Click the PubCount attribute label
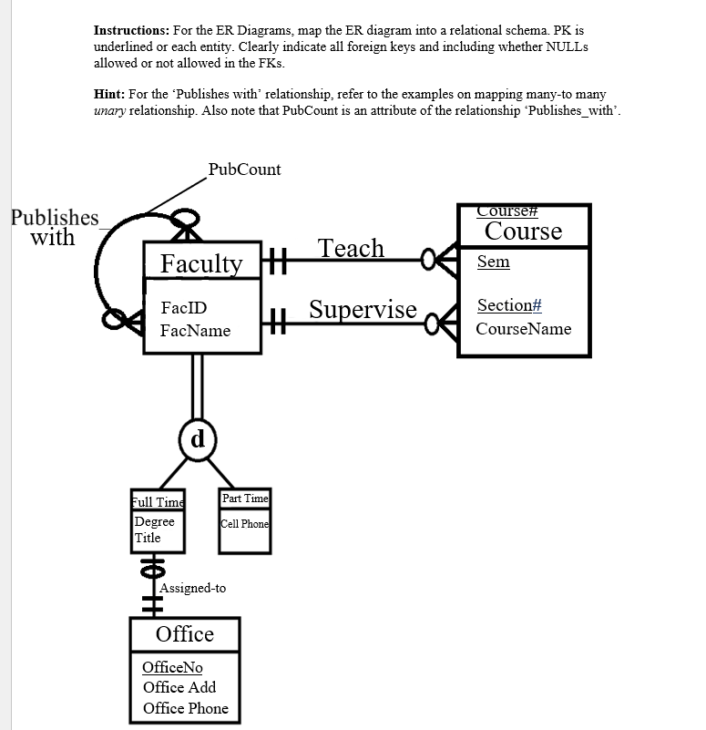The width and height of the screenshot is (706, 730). [x=244, y=170]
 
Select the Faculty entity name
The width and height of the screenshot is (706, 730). [x=201, y=263]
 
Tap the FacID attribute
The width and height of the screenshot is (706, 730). [x=183, y=308]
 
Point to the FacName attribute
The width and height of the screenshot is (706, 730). [x=195, y=330]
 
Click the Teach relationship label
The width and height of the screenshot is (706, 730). [x=351, y=248]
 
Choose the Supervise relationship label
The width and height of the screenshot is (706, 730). [x=363, y=309]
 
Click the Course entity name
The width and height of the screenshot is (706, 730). [x=523, y=231]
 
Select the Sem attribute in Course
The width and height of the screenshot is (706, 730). [x=493, y=262]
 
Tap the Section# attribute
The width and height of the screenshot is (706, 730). [x=509, y=305]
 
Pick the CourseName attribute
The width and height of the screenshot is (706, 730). [x=523, y=328]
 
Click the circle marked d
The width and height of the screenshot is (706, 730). [x=197, y=438]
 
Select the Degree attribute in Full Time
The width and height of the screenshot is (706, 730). [x=154, y=522]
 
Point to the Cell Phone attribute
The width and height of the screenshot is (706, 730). [x=245, y=524]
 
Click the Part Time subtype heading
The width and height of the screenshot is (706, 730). [x=245, y=498]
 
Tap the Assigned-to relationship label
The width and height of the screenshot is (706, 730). [x=193, y=588]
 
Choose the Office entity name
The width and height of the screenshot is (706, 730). [x=185, y=634]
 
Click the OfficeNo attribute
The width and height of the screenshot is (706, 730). [x=172, y=667]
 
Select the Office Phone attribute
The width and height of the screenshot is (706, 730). [x=185, y=708]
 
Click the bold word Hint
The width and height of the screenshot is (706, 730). [x=109, y=94]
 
